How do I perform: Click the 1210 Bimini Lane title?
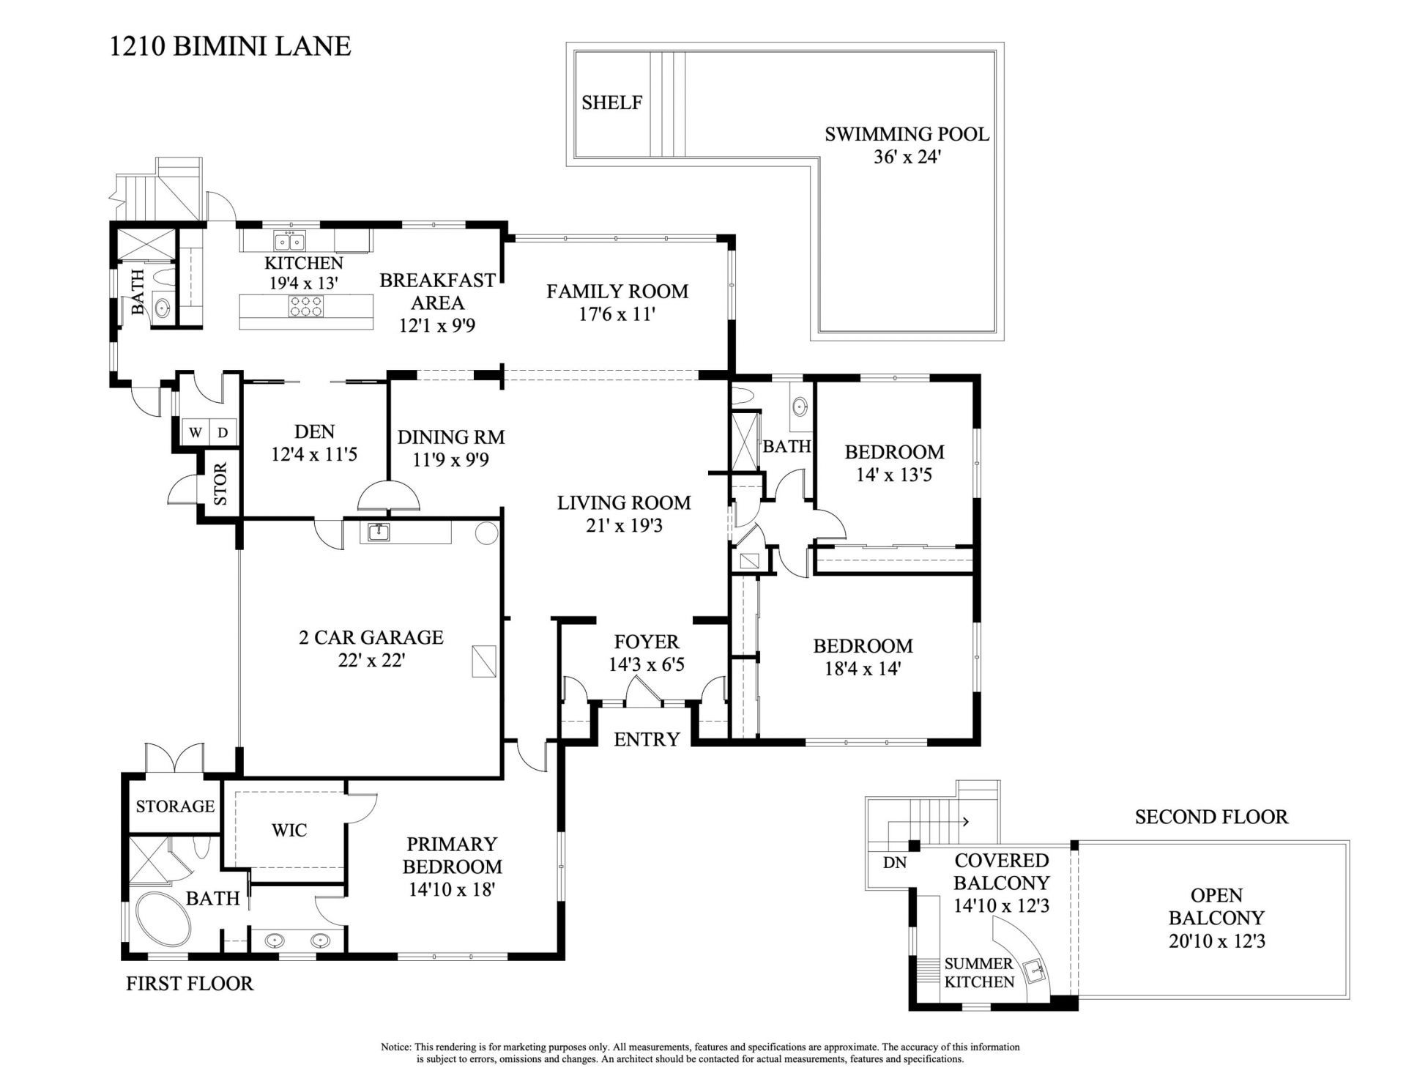tap(230, 46)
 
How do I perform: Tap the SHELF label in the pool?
tap(611, 103)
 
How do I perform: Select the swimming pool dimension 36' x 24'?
tap(906, 157)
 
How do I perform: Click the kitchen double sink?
tap(290, 240)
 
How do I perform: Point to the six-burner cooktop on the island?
tap(303, 305)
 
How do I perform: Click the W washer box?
tap(195, 432)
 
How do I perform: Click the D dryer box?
tap(223, 432)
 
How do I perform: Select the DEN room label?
tap(314, 431)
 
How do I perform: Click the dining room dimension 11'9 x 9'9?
tap(451, 460)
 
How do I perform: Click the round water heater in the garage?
tap(487, 533)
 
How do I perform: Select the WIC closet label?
tap(289, 830)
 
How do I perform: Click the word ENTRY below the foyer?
tap(647, 739)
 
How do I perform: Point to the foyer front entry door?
tap(644, 691)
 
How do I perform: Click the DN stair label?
tap(895, 863)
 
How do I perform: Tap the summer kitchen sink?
tap(1037, 971)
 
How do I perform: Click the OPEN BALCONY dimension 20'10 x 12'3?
tap(1216, 941)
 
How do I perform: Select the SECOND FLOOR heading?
tap(1210, 817)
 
